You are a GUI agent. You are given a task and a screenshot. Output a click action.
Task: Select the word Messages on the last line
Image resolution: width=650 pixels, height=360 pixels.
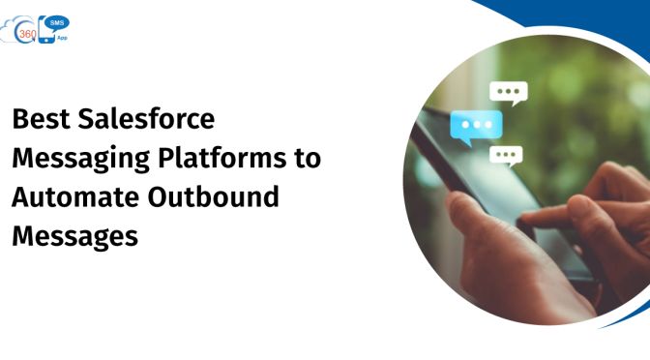point(74,234)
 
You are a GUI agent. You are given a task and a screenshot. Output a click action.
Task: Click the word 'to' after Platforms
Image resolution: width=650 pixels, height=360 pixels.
point(307,158)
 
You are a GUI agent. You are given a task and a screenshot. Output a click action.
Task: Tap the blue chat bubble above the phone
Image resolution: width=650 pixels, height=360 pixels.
point(476,126)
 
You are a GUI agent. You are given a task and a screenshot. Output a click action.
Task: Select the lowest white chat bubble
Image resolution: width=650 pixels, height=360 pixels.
point(505,154)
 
